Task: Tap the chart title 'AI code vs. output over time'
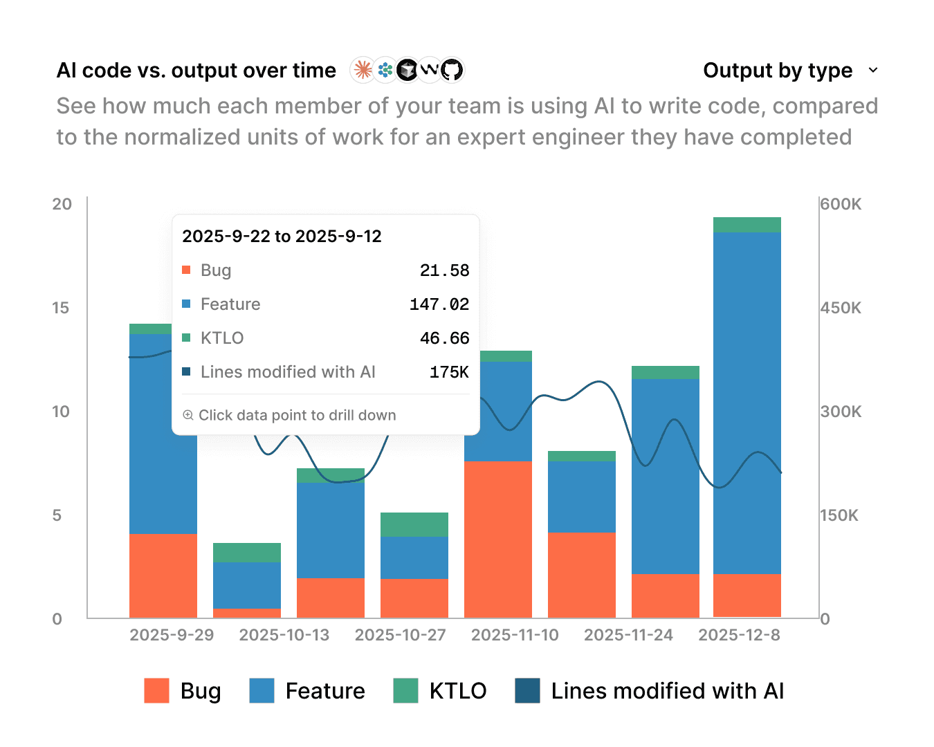(196, 71)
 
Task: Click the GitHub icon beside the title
(452, 70)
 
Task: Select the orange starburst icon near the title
(363, 70)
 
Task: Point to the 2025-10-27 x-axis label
(400, 635)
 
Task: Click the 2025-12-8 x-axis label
(739, 635)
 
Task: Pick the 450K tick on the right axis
(841, 308)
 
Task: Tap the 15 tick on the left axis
(61, 308)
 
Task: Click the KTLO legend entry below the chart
(440, 691)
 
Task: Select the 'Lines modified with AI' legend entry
(650, 691)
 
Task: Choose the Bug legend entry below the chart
(183, 691)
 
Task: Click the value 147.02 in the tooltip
(439, 304)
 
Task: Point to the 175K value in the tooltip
(449, 372)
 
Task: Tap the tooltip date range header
(282, 237)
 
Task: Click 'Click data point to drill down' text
(297, 415)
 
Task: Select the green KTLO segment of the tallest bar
(747, 225)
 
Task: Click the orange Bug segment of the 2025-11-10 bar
(498, 539)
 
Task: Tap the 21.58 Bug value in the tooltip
(444, 270)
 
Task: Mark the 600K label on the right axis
(841, 204)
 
